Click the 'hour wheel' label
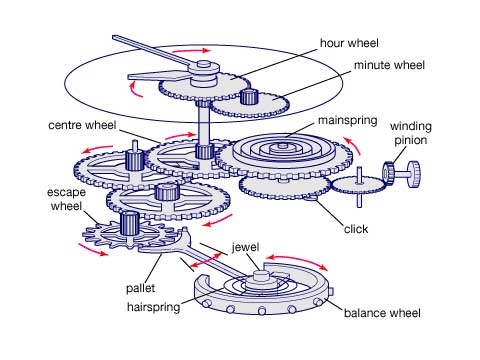tap(349, 43)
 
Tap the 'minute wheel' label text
tap(389, 65)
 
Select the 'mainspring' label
tap(347, 120)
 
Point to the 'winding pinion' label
tap(411, 133)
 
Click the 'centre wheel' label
tap(82, 125)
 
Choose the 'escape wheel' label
tap(66, 199)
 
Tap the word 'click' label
tap(356, 229)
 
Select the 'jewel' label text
tap(245, 247)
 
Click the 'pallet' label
tap(140, 288)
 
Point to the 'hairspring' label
tap(153, 307)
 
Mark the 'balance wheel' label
tap(382, 313)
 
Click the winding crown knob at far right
tap(414, 173)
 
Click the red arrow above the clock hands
tap(192, 51)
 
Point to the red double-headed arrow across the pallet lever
tap(206, 261)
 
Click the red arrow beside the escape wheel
tap(93, 250)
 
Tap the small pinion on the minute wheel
tap(249, 97)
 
